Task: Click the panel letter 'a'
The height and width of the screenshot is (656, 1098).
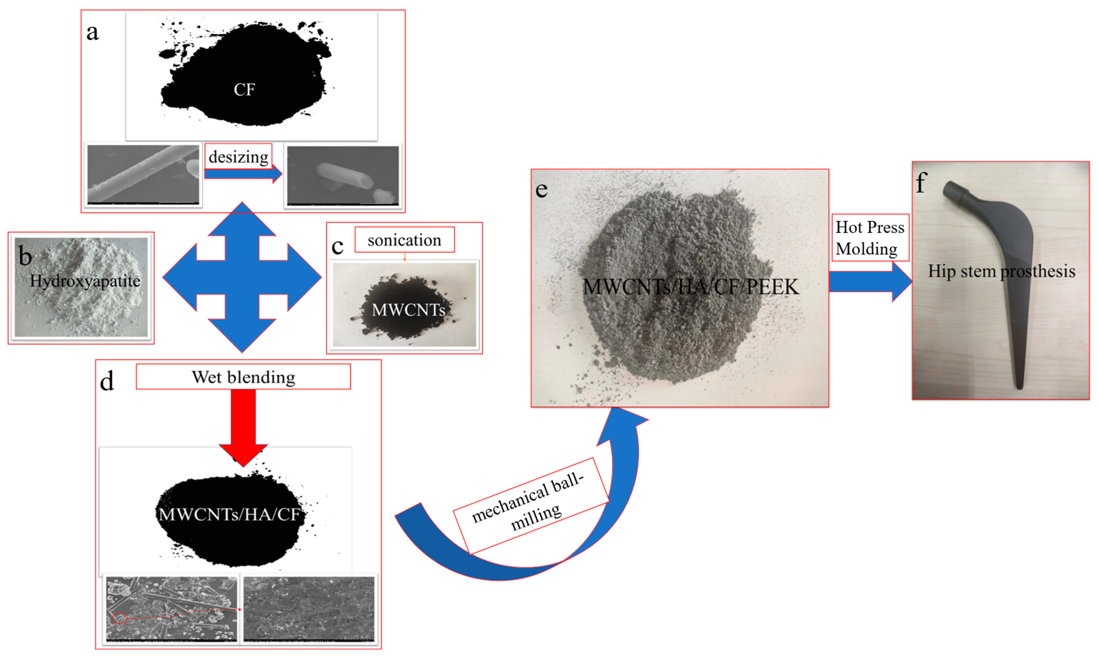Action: pos(93,32)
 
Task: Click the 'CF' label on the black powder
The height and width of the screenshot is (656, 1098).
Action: pos(244,90)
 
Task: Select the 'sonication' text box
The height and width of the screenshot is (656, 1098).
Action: pos(405,240)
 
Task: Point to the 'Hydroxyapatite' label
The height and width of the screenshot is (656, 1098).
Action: pos(85,281)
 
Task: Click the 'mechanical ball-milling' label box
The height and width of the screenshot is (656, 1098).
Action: pos(530,505)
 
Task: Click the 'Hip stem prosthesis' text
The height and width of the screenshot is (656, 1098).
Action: pos(1001,271)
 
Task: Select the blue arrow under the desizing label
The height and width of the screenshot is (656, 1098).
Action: pos(243,174)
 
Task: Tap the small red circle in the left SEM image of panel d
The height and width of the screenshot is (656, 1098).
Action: pos(119,618)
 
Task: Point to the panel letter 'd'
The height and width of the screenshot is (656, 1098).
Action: pos(106,381)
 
